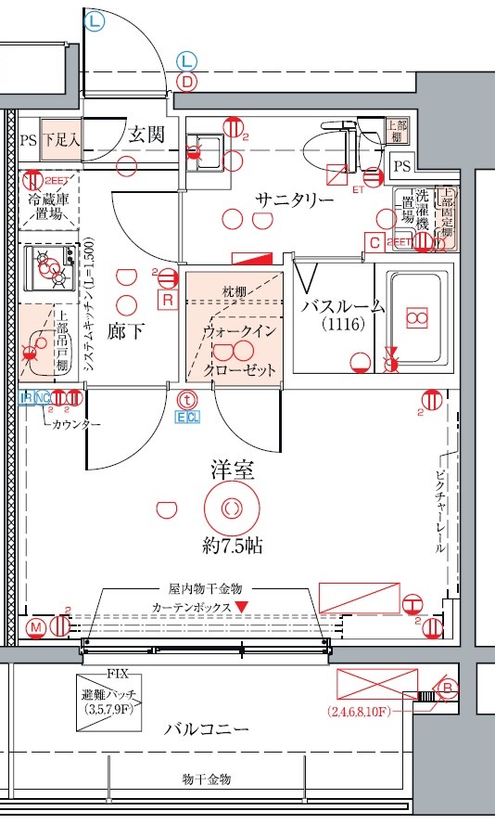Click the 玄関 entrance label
(x=146, y=135)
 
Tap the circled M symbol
(x=36, y=628)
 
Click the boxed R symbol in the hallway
(x=168, y=300)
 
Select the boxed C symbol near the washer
(x=374, y=243)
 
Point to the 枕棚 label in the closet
(x=235, y=292)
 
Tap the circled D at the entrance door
(x=187, y=82)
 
